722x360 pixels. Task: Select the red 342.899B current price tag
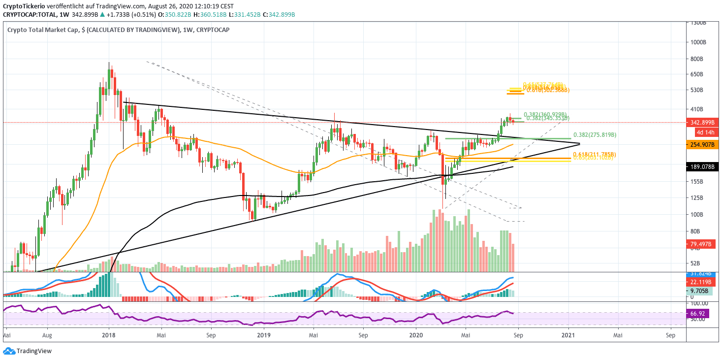point(705,122)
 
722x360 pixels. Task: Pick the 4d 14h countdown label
point(705,132)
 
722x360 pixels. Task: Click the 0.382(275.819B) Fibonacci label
point(595,135)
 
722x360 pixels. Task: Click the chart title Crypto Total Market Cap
point(43,30)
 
